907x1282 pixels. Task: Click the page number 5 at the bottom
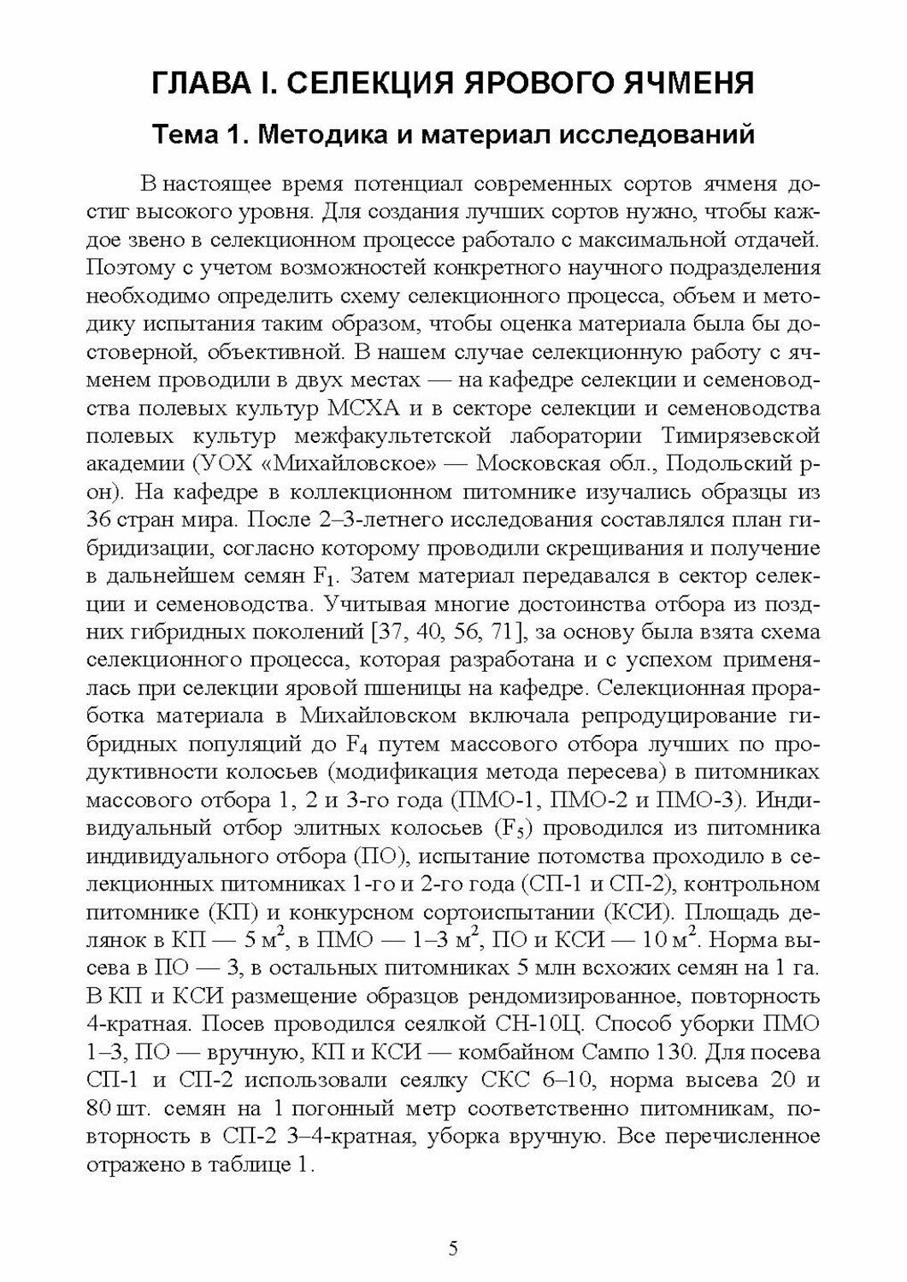point(453,1249)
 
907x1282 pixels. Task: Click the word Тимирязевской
point(740,435)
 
